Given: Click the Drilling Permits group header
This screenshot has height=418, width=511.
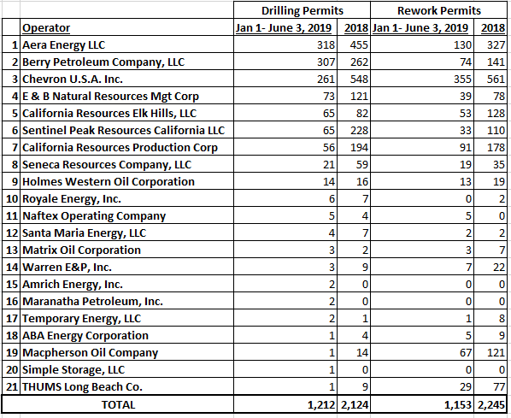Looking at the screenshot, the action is coord(302,11).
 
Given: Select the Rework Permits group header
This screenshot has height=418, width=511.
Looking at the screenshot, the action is coord(439,11).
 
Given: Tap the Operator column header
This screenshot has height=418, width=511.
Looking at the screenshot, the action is coord(46,28).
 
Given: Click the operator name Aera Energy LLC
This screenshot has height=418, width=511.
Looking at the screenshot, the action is coord(63,45).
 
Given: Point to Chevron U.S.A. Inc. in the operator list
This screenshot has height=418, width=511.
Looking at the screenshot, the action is coord(73,79).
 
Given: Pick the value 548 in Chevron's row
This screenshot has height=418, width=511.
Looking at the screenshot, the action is coord(359,79).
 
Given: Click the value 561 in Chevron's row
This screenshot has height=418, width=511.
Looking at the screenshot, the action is coord(496,79).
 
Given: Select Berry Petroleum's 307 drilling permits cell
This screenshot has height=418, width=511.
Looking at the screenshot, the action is coord(326,62).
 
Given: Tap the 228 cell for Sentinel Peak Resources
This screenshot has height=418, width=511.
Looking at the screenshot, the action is coord(359,131).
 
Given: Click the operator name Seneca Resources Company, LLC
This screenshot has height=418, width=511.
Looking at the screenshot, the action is coord(107,165).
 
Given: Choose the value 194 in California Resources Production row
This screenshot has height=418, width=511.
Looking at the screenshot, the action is coord(359,147).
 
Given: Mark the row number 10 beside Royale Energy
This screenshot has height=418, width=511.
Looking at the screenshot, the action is coord(12,199).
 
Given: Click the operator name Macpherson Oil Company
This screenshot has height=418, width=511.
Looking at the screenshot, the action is coord(90,353).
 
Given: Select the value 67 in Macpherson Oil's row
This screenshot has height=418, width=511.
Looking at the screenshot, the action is coord(465,353).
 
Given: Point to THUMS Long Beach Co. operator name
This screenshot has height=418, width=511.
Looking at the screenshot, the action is coord(82,387).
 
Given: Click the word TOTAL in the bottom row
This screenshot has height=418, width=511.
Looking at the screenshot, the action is coord(118,404).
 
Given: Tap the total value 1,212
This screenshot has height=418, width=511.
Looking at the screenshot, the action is coord(321,405).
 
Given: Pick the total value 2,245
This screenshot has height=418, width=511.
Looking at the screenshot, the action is coord(491,405).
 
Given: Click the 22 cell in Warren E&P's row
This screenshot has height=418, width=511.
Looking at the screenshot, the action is coord(499,268).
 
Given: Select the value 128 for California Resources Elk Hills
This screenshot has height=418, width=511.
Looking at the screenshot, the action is coord(496,114).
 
